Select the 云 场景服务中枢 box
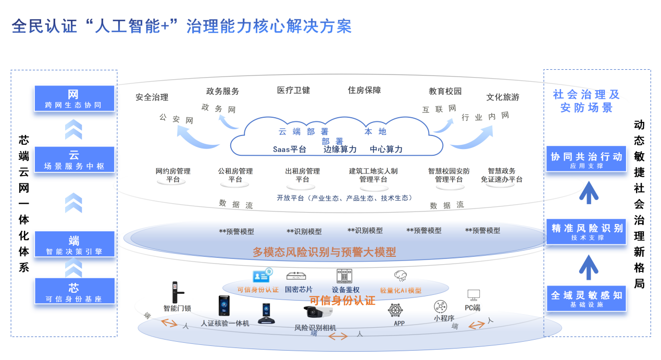point(74,159)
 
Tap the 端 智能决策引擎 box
point(74,245)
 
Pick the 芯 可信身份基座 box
point(74,292)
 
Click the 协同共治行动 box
point(586,159)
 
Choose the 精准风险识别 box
point(586,231)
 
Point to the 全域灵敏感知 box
point(586,298)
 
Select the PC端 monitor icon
point(473,295)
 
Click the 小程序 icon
point(441,306)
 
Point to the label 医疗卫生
point(293,90)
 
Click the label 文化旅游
point(503,97)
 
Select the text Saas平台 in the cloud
point(290,149)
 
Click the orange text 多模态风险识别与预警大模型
point(325,252)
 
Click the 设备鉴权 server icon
point(345,276)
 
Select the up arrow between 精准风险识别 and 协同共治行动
point(589,192)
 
